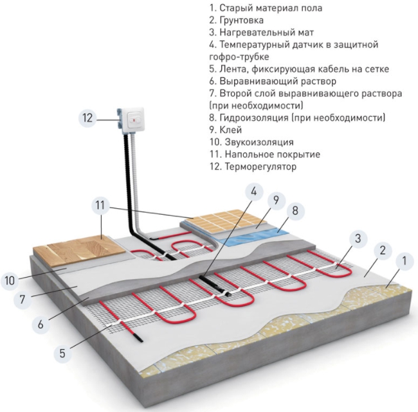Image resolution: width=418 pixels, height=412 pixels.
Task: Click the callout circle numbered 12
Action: pos(87,118)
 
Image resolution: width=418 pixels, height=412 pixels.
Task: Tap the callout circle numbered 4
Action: pos(254,192)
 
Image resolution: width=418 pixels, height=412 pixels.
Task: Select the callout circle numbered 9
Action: pos(276,200)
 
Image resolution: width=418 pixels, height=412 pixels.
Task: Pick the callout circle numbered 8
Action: pos(295,211)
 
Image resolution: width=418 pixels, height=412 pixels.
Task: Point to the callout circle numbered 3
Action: pos(358,238)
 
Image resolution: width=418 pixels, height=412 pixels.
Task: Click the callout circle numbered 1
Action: pos(404,260)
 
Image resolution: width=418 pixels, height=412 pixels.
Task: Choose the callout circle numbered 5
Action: pos(62,354)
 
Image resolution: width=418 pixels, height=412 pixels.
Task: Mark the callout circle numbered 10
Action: pos(10,280)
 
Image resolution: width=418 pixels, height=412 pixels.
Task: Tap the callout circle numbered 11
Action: pos(100,205)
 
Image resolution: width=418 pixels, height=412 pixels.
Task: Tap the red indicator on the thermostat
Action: pos(133,120)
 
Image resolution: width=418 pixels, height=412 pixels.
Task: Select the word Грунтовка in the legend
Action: pos(242,21)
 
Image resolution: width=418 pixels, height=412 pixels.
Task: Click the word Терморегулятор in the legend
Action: pos(260,166)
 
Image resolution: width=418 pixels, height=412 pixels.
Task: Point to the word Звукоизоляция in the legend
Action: pos(259,142)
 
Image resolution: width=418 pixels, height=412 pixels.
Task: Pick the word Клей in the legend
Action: pos(231,130)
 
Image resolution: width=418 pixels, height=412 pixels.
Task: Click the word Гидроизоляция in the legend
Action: pos(254,118)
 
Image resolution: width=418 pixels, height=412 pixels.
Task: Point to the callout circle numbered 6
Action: pos(41,324)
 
